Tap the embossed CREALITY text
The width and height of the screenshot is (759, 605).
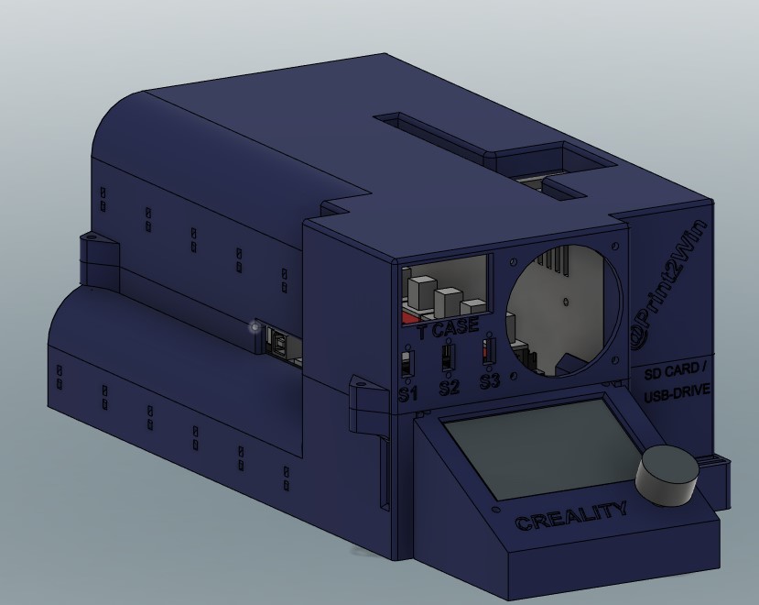tap(571, 517)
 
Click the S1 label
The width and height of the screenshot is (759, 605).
tap(407, 394)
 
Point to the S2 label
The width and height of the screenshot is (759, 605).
tap(449, 387)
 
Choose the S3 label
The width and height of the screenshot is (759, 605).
tap(490, 379)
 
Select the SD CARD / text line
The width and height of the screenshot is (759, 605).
tap(676, 372)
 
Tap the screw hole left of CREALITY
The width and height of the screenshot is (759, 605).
tap(495, 506)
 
